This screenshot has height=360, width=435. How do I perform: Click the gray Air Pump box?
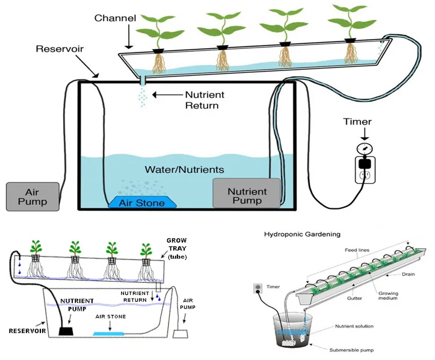(32, 196)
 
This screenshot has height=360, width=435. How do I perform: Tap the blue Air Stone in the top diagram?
(142, 203)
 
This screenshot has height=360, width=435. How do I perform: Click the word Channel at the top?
(114, 18)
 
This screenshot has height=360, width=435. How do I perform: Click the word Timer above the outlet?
(357, 122)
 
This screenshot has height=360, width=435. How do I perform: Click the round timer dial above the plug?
(363, 148)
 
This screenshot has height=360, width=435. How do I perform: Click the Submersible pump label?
(354, 349)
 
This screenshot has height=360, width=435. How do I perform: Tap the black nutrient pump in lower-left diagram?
(66, 330)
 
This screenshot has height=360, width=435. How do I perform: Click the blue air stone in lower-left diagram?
(109, 332)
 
